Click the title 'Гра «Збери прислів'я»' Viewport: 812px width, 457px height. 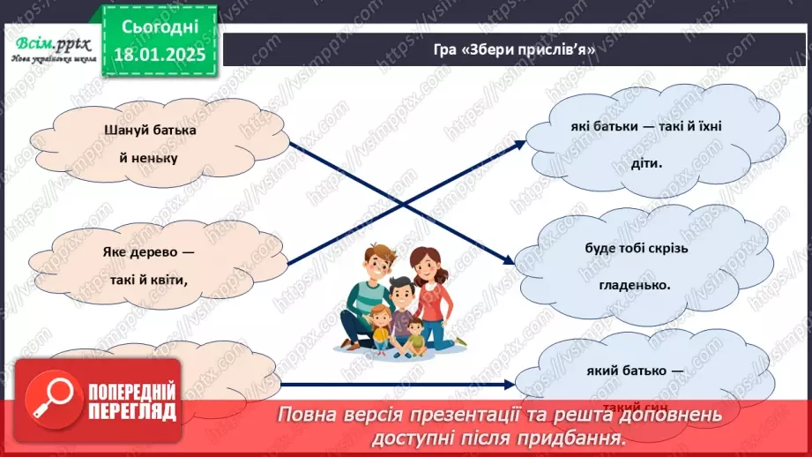(515, 50)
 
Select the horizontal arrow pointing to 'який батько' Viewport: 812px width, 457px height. (397, 385)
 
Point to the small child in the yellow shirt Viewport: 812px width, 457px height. (382, 324)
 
